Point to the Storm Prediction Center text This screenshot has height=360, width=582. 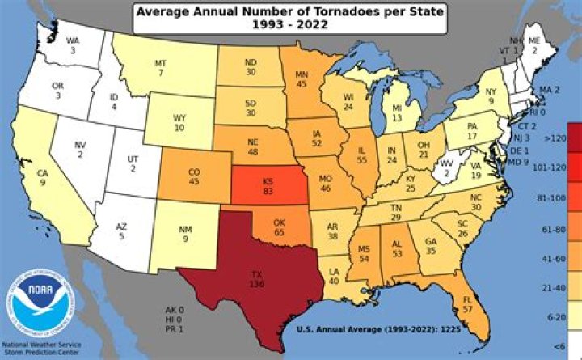[x=41, y=354]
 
